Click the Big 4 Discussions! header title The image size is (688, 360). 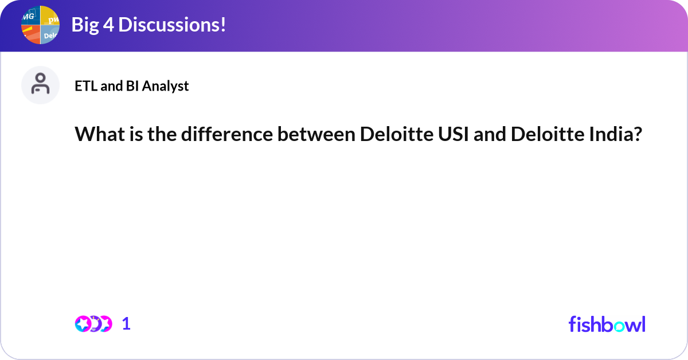[x=148, y=25]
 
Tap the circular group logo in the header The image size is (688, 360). [x=40, y=25]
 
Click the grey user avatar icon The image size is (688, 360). [x=40, y=85]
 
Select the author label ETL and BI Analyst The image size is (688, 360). [x=131, y=86]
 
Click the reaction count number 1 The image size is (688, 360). [x=126, y=324]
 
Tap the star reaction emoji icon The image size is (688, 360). [x=83, y=324]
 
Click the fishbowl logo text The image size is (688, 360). [x=607, y=324]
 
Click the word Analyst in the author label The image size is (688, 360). [x=166, y=86]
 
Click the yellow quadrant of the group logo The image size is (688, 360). [x=50, y=15]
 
